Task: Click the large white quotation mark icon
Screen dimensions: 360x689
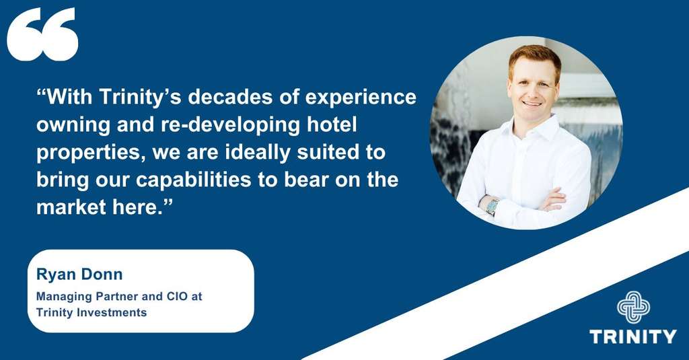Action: click(x=42, y=35)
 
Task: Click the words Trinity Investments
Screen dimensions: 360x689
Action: click(x=92, y=312)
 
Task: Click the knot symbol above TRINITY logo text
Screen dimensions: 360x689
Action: click(x=633, y=307)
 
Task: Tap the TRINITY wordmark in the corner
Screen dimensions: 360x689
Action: click(x=633, y=336)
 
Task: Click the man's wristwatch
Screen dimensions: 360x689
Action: click(x=492, y=206)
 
